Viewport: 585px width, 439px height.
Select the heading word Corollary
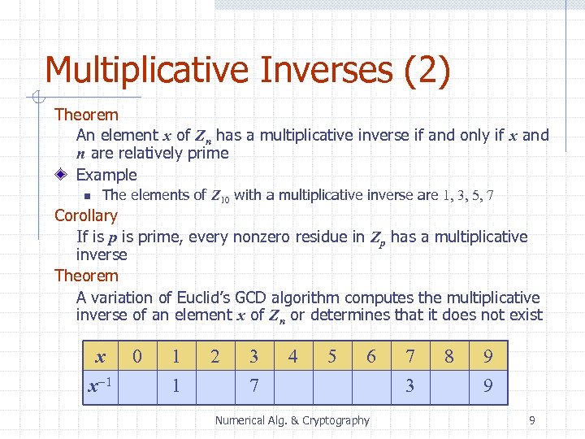click(x=85, y=215)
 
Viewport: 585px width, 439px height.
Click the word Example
click(x=106, y=174)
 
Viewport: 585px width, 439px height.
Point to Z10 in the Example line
click(x=220, y=195)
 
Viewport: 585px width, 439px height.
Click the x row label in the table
click(x=100, y=357)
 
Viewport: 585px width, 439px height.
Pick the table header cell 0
click(x=137, y=357)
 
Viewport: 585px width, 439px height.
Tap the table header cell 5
click(x=331, y=357)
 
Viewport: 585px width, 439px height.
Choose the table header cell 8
click(x=448, y=357)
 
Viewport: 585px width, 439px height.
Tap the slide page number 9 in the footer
click(x=531, y=420)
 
